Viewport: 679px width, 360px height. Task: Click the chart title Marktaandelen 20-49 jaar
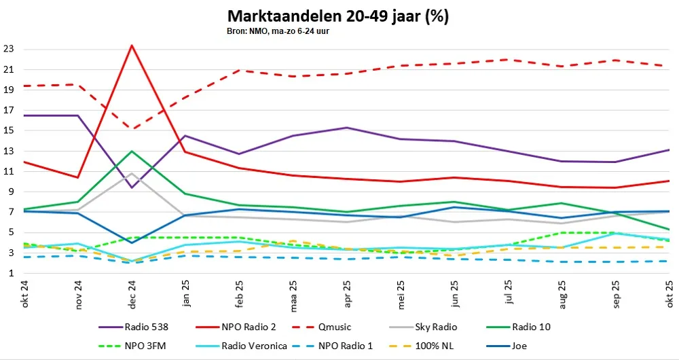coord(337,16)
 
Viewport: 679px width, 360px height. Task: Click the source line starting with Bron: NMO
coord(278,31)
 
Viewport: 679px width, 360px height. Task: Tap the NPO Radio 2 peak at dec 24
coord(131,46)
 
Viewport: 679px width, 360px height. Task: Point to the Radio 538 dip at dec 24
coord(131,187)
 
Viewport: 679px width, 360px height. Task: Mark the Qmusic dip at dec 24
coord(131,128)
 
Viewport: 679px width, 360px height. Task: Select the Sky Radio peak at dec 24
coord(131,173)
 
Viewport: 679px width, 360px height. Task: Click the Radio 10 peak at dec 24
coord(131,151)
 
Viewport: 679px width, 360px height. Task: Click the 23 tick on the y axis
coord(10,49)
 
